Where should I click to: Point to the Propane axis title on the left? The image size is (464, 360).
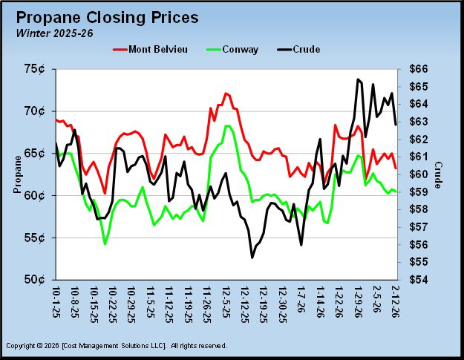pyautogui.click(x=17, y=175)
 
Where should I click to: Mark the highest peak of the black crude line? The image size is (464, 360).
pyautogui.click(x=358, y=79)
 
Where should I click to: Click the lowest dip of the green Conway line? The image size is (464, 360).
pyautogui.click(x=105, y=243)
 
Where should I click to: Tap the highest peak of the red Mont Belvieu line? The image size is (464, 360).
pyautogui.click(x=226, y=94)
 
